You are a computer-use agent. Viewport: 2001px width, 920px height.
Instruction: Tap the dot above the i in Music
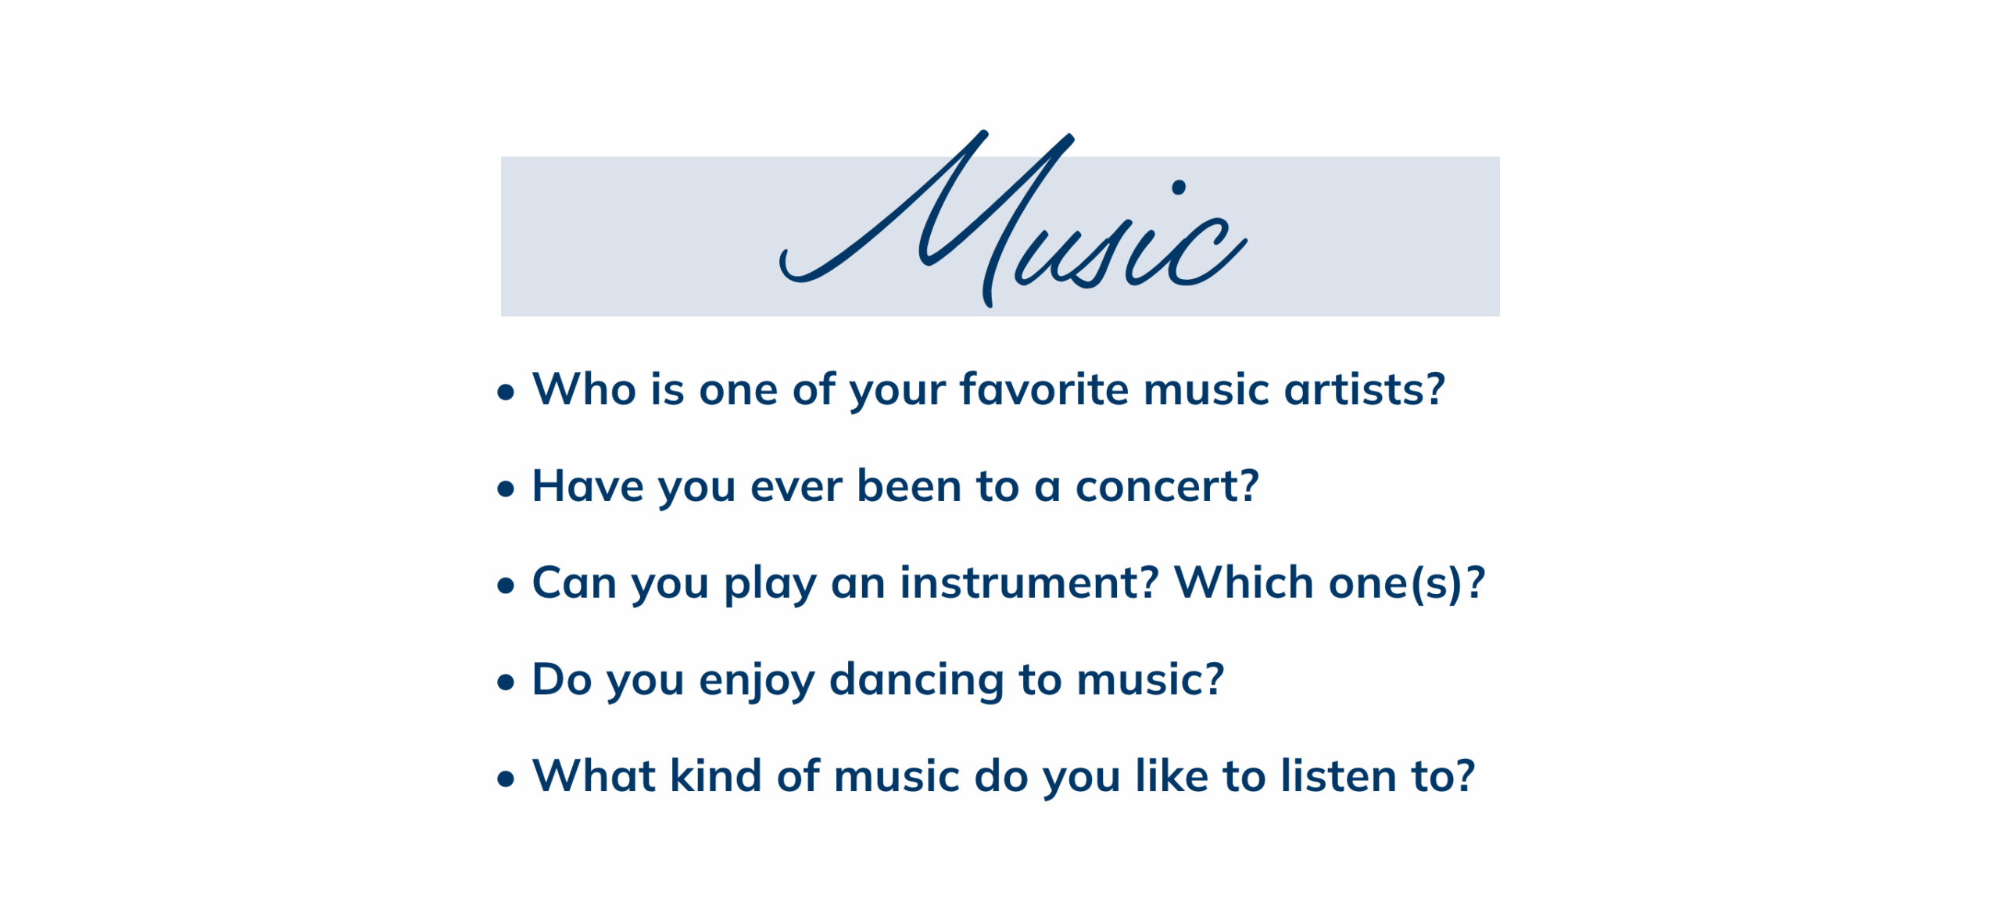[x=1179, y=187]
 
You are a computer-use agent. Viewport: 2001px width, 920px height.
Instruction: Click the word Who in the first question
[x=584, y=388]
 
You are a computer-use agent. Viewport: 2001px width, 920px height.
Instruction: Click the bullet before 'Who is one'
[x=506, y=392]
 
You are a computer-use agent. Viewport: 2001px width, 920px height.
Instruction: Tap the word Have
[x=588, y=485]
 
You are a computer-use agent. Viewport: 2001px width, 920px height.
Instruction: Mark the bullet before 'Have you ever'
[x=506, y=489]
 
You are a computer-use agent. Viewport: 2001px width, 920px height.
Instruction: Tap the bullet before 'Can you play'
[x=506, y=585]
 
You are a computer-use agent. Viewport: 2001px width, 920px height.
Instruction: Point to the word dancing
[x=917, y=680]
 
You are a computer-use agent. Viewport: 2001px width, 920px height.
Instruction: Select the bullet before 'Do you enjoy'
[x=506, y=682]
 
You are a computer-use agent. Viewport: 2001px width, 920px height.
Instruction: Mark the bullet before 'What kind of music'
[x=506, y=779]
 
